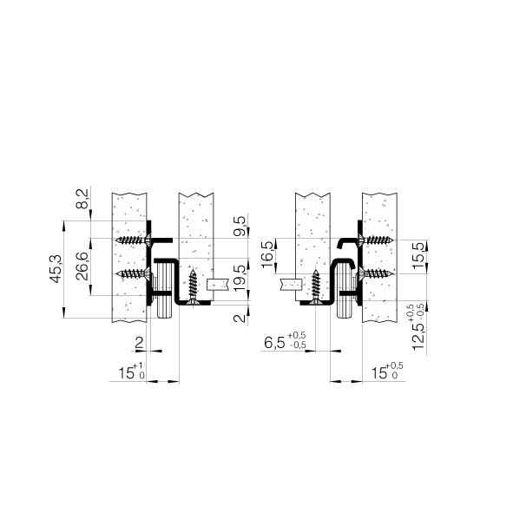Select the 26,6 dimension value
[82, 266]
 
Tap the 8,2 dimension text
[82, 199]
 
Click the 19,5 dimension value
[240, 279]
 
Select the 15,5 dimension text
[418, 255]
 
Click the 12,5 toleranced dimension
[418, 327]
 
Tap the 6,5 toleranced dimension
[285, 341]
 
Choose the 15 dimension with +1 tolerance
[131, 371]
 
